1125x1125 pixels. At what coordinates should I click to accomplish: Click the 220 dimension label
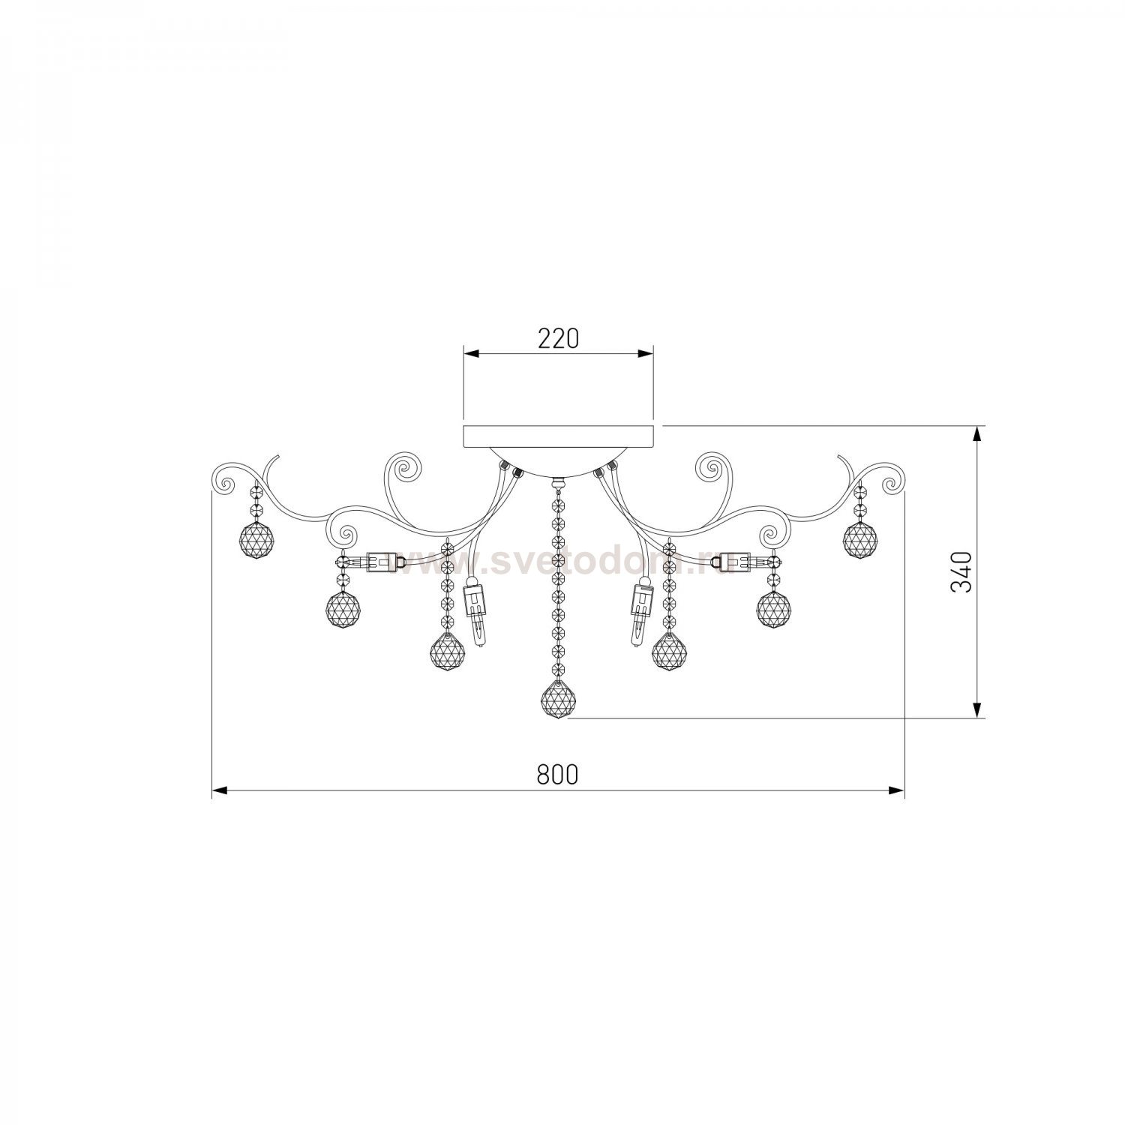559,340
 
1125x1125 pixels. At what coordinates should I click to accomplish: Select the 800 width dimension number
558,775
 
